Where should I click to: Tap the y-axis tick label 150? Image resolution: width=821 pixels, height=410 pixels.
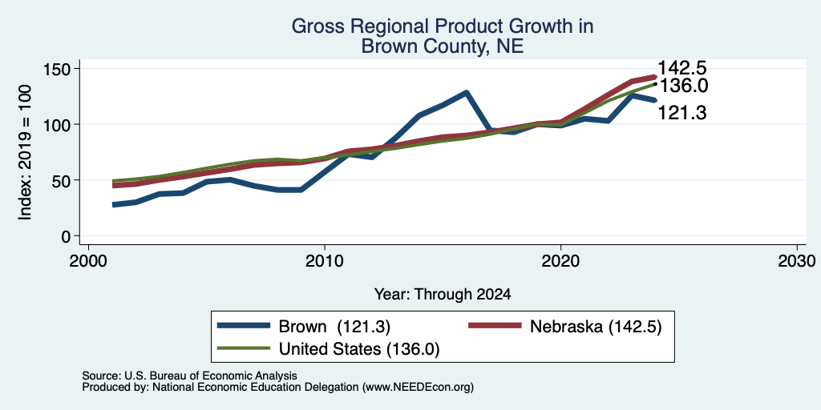click(x=57, y=69)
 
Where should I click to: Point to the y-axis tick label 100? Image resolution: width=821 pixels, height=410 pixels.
click(x=57, y=124)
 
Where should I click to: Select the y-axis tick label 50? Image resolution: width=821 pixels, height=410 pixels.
click(x=61, y=180)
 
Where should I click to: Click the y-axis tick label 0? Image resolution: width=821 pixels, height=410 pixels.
click(x=66, y=236)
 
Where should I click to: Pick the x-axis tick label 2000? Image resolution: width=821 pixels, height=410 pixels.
click(x=88, y=261)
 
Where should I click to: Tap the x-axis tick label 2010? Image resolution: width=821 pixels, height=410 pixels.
click(x=325, y=261)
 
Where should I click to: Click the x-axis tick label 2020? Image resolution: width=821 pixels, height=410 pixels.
click(x=560, y=261)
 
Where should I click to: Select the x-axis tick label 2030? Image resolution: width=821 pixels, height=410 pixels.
click(x=797, y=261)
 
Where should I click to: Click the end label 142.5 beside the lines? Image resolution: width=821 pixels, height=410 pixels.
click(x=681, y=68)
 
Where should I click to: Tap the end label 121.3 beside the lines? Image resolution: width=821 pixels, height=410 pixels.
click(x=681, y=112)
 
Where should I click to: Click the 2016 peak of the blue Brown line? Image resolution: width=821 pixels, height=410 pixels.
click(x=466, y=93)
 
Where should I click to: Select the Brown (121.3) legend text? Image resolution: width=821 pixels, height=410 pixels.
click(x=334, y=327)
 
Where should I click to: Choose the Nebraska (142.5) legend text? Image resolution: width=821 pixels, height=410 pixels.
click(x=596, y=327)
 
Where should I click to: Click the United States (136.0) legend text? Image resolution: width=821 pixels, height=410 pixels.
click(x=359, y=349)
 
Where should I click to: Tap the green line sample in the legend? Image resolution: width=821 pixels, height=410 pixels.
click(x=244, y=348)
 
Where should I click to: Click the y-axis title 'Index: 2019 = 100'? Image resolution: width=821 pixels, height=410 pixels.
click(x=25, y=152)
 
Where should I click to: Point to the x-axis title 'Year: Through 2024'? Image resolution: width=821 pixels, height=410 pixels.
click(x=443, y=295)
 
